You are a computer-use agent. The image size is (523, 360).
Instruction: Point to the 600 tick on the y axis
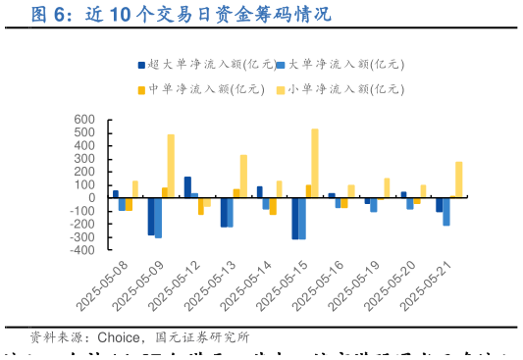click(84, 120)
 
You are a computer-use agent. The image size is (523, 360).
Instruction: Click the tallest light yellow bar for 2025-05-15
click(315, 163)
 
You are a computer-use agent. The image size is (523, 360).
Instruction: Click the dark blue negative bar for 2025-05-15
click(294, 218)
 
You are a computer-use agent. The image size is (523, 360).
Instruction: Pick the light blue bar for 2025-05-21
click(446, 211)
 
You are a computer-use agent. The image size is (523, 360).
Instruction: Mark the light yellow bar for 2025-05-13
click(243, 176)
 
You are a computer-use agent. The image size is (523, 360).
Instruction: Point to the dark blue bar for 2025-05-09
click(151, 216)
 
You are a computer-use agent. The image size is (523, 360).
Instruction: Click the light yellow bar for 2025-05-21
click(459, 180)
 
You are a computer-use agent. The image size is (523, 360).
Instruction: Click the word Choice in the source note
click(118, 338)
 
